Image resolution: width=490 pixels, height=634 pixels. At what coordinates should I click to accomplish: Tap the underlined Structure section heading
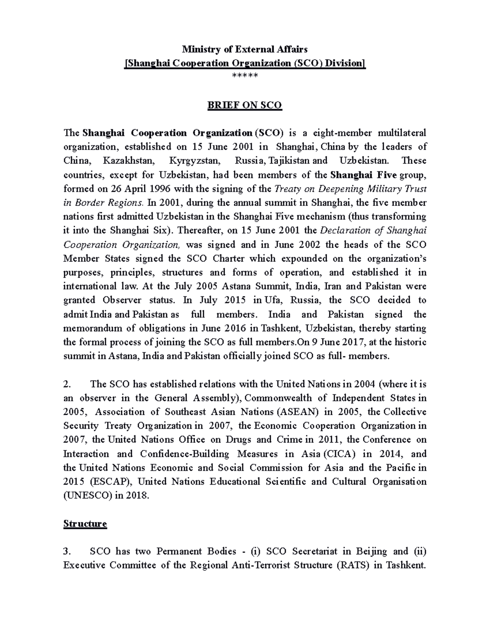coord(85,524)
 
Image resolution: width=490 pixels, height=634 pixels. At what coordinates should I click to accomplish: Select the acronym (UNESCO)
coord(87,496)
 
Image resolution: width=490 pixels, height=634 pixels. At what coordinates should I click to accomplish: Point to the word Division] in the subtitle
coord(347,63)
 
